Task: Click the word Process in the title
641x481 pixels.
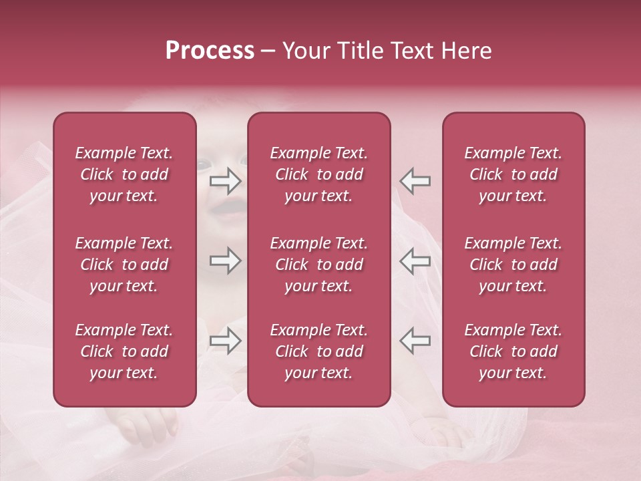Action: click(210, 51)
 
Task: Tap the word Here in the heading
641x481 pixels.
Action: click(467, 51)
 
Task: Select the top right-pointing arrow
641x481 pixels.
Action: click(226, 180)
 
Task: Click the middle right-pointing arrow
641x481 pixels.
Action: click(226, 261)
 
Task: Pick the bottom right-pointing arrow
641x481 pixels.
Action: click(226, 341)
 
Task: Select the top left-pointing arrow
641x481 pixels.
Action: click(415, 180)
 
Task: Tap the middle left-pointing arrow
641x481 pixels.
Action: click(415, 261)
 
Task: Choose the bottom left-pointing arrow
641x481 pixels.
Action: click(415, 341)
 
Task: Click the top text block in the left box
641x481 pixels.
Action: click(124, 174)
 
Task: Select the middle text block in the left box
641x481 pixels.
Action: click(124, 265)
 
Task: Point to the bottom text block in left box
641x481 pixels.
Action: click(124, 351)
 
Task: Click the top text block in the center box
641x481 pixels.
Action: click(319, 174)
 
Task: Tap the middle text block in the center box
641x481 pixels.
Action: click(319, 265)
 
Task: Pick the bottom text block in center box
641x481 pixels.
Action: click(319, 351)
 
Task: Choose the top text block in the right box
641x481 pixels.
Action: click(513, 174)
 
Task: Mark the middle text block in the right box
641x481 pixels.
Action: click(513, 265)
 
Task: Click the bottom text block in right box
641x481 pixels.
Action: click(513, 351)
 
